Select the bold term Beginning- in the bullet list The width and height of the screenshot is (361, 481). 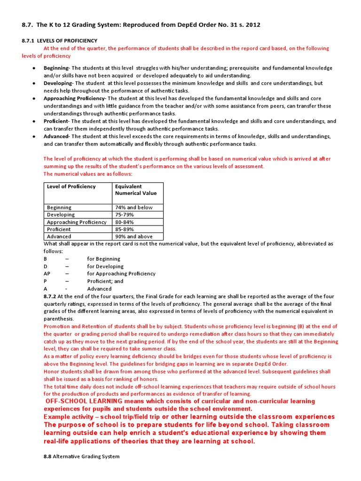tap(56, 68)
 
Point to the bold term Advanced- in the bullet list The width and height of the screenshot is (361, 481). tap(56, 136)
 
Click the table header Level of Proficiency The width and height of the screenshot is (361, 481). tap(71, 186)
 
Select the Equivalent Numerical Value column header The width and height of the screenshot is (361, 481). tap(136, 190)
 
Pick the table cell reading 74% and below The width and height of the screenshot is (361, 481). tap(133, 207)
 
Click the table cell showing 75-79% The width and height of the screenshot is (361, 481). tap(125, 215)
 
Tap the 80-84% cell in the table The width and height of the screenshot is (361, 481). tap(125, 222)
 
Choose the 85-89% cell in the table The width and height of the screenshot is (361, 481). tap(125, 229)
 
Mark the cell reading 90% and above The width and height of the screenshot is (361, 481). tap(133, 237)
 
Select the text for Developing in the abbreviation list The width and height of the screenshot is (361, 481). tap(105, 266)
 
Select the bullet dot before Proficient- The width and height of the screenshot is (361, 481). tap(34, 121)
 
